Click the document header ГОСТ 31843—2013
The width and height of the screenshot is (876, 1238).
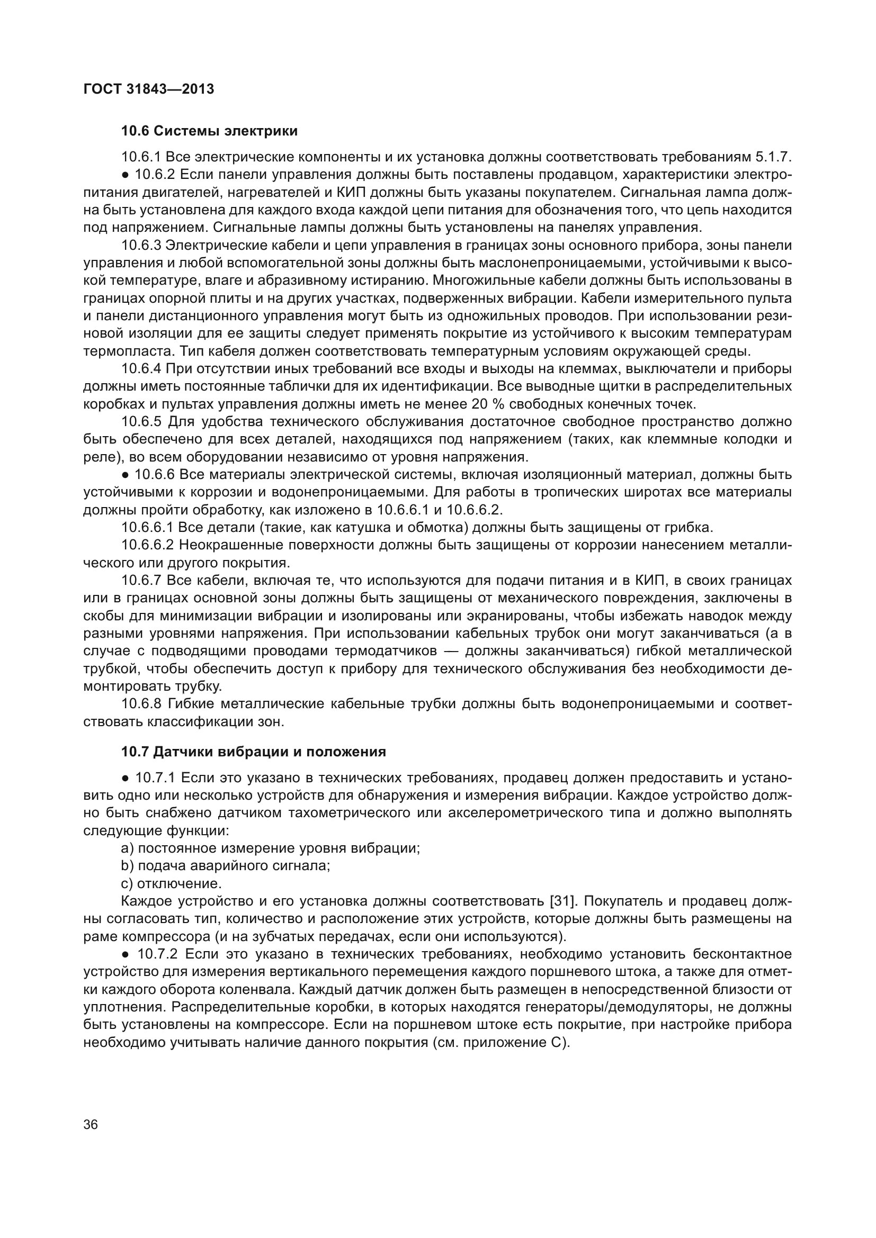[x=149, y=89]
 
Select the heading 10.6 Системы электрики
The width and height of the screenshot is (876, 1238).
[x=209, y=131]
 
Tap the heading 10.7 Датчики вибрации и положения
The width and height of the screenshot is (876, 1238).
[x=254, y=752]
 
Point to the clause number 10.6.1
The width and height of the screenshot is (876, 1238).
[x=141, y=157]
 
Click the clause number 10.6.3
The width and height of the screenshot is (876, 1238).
[x=141, y=246]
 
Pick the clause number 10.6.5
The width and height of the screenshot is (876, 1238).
[x=141, y=422]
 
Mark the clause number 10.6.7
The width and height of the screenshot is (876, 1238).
[x=141, y=581]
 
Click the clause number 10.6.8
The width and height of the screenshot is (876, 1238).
[x=141, y=704]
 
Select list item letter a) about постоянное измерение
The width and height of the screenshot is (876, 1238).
[x=127, y=848]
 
